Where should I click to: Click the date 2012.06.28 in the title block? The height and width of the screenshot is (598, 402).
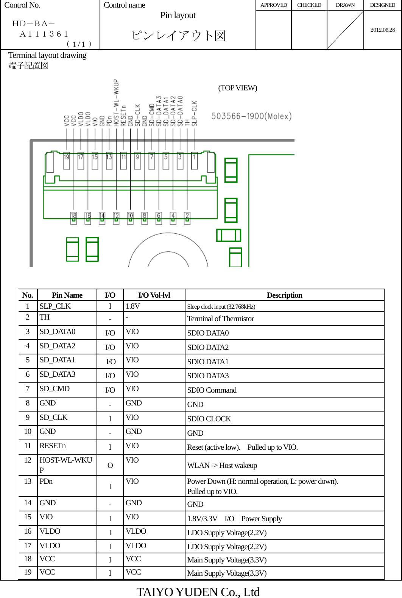382,30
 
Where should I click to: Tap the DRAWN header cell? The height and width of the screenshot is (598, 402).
345,5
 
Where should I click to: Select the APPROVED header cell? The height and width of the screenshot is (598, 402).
274,5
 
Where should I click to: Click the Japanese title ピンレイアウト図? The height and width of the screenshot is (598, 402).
178,36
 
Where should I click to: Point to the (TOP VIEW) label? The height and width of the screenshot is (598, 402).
237,88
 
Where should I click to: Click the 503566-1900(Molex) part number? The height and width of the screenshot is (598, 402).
251,116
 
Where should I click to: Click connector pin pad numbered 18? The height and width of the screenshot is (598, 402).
73,217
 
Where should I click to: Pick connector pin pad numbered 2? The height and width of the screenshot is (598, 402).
187,217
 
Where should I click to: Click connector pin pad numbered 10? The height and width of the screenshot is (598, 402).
130,217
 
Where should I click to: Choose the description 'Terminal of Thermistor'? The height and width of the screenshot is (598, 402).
220,318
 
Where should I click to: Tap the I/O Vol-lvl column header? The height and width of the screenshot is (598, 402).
154,295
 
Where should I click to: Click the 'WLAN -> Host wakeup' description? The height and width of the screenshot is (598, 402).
222,465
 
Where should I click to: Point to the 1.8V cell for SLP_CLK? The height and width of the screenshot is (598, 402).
133,306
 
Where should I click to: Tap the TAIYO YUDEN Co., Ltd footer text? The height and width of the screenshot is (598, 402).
198,592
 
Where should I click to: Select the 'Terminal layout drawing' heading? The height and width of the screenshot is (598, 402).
47,55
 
